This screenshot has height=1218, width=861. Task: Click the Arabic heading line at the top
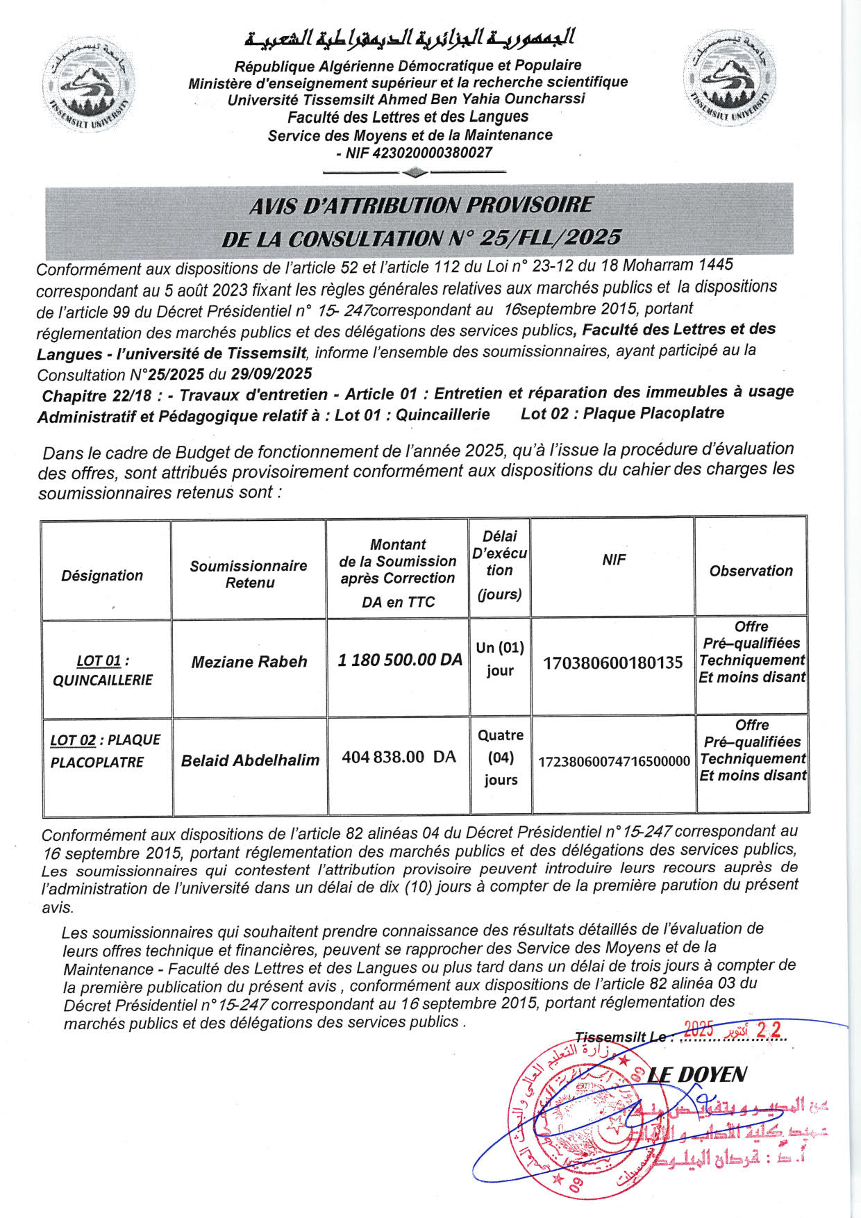tap(410, 39)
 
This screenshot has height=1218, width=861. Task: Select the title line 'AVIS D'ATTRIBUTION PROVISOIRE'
tap(421, 205)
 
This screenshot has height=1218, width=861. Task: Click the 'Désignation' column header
tap(102, 576)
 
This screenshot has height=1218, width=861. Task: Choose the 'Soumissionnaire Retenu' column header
tap(249, 574)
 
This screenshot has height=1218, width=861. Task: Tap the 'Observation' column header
tap(751, 571)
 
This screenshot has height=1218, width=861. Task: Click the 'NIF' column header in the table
tap(614, 560)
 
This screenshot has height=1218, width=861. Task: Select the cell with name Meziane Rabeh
tap(249, 662)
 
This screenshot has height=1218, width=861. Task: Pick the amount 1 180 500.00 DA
tap(400, 660)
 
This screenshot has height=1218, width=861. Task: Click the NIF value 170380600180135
tap(613, 663)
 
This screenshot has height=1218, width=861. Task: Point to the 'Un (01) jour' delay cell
tap(500, 658)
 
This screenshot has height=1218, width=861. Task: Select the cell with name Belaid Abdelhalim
tap(250, 760)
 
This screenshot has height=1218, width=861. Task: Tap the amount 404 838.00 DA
tap(399, 757)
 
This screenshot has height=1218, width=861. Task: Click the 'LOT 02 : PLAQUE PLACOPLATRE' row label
tap(105, 751)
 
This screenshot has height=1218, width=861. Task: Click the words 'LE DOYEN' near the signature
tap(696, 1075)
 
